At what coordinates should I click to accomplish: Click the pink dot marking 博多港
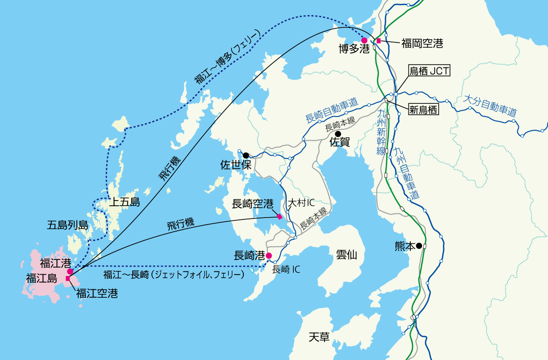364,41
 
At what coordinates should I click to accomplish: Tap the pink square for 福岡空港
379,41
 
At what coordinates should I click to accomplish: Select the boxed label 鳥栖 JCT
429,71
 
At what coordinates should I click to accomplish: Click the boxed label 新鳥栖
423,110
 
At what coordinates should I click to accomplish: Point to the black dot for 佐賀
338,134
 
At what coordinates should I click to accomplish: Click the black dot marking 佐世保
246,155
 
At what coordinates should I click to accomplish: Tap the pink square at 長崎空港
280,217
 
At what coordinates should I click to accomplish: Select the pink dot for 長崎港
269,256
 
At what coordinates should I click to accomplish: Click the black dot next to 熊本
419,246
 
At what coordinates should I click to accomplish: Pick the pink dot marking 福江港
70,271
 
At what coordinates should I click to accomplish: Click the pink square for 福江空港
68,279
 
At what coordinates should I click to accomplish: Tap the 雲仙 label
346,255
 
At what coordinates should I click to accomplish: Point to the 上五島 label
125,203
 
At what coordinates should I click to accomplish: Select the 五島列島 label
67,225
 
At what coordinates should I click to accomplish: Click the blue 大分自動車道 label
490,106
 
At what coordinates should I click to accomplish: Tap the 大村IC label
301,203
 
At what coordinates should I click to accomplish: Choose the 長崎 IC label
286,270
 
